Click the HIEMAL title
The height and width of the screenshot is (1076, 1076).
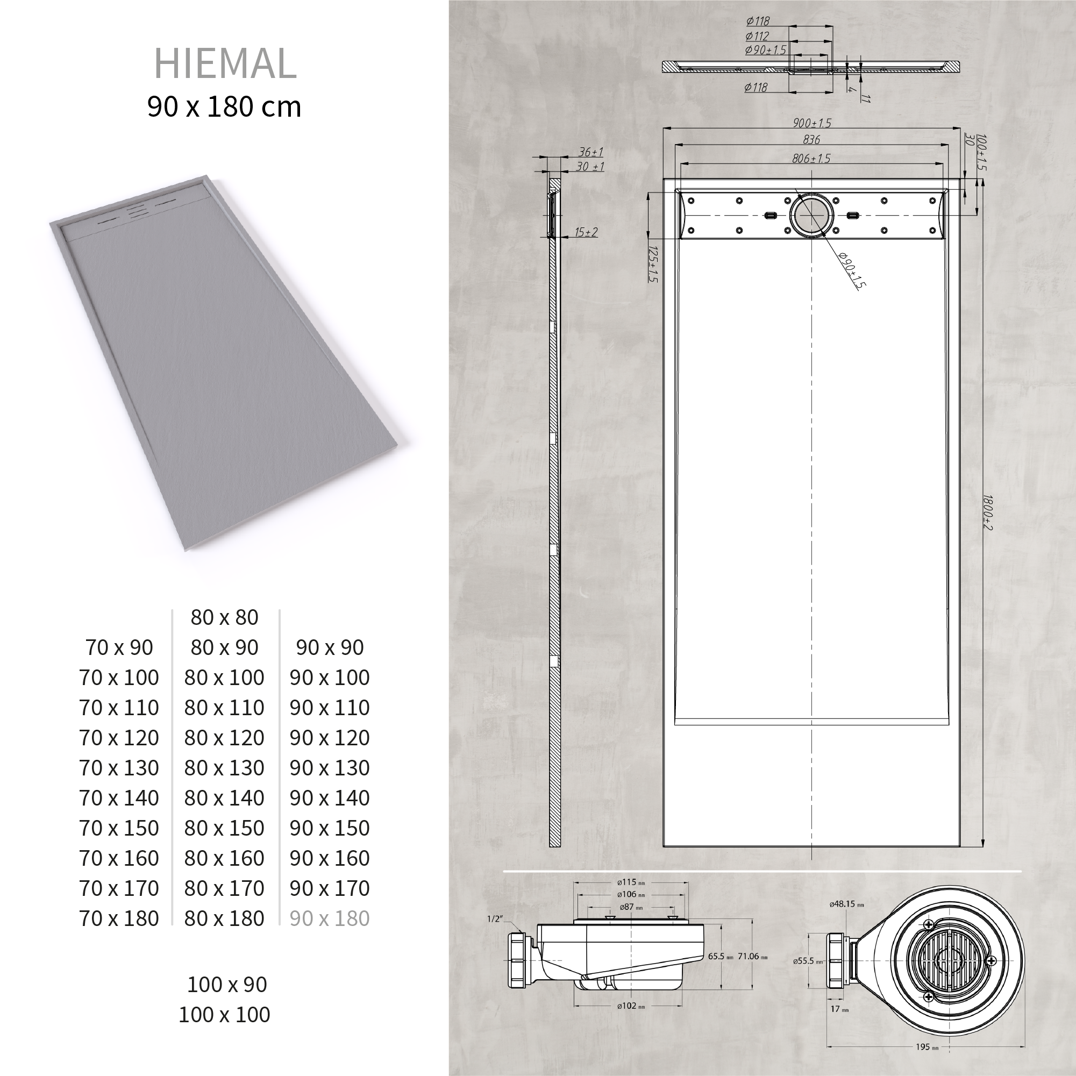(x=225, y=63)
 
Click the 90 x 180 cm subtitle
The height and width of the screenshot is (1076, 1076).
(x=224, y=106)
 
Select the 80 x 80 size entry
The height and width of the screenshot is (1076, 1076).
(x=224, y=617)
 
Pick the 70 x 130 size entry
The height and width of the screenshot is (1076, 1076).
(x=119, y=767)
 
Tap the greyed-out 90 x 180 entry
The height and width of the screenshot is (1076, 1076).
(x=330, y=918)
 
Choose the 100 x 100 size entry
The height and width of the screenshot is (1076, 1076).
(x=224, y=1014)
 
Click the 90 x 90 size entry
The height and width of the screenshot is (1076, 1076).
(x=330, y=647)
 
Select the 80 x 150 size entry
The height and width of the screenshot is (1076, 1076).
(x=224, y=828)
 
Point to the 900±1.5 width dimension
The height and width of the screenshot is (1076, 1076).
(x=812, y=123)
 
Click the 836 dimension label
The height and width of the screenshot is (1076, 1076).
(x=811, y=140)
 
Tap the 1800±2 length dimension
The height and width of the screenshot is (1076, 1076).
(x=987, y=512)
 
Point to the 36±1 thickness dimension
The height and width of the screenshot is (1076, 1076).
(x=591, y=152)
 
